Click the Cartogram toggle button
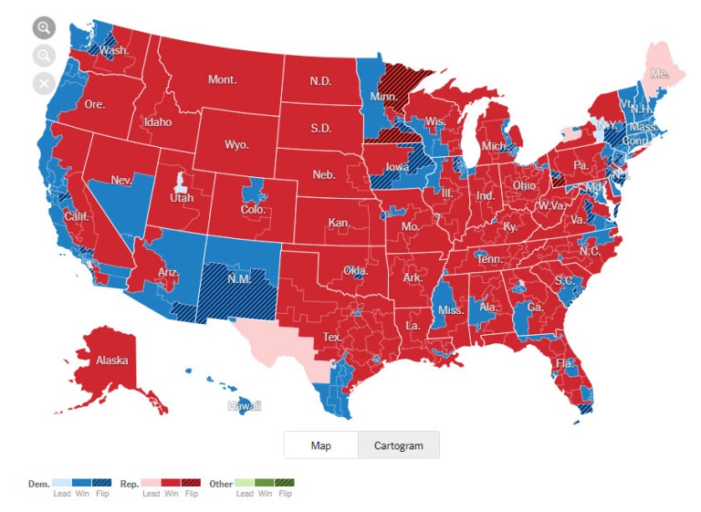tap(399, 445)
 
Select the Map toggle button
tap(320, 445)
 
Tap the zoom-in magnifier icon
tap(44, 27)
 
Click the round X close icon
tap(44, 84)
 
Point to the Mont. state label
tap(222, 80)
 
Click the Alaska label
tap(113, 360)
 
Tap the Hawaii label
tap(245, 405)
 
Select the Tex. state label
tap(331, 337)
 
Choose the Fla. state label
tap(565, 363)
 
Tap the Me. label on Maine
tap(658, 71)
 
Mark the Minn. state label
tap(382, 96)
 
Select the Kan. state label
tap(340, 223)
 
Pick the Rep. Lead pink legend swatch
tap(152, 484)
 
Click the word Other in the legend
tap(221, 484)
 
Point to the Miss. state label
tap(451, 310)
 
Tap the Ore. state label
tap(95, 105)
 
